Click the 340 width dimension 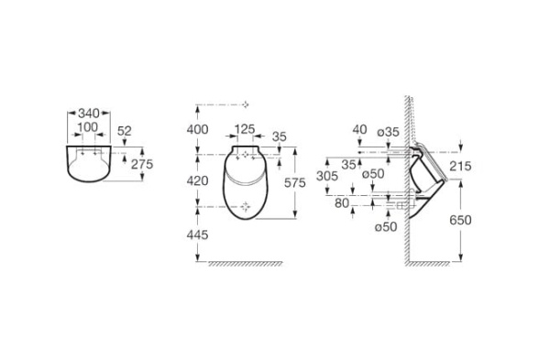click(88, 114)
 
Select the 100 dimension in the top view click(88, 127)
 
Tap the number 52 click(124, 131)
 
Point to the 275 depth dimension click(142, 164)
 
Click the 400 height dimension click(197, 130)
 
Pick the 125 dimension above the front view click(245, 129)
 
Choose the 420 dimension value click(197, 180)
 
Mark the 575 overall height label click(295, 182)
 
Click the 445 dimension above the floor click(197, 235)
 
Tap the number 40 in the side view click(359, 129)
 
